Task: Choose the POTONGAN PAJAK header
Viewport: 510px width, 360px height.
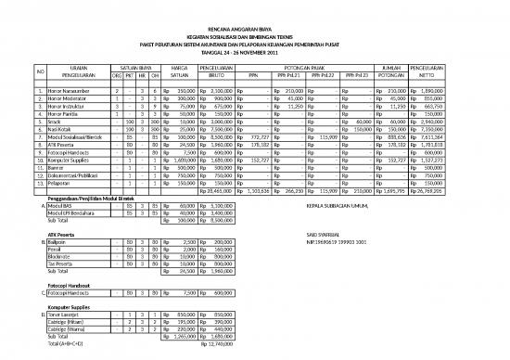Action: point(308,68)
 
